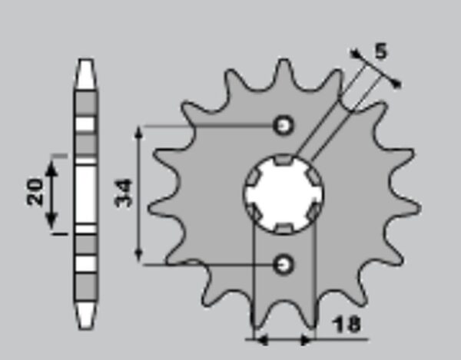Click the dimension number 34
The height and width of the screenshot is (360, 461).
click(x=124, y=193)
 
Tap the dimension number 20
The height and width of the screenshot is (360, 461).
click(x=35, y=191)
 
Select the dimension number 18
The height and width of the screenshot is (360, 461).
click(x=347, y=324)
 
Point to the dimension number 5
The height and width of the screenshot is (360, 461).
click(x=381, y=51)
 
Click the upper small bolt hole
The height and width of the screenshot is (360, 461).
click(x=284, y=126)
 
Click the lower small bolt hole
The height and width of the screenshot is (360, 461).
click(x=284, y=265)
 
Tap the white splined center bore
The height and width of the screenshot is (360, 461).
click(x=284, y=193)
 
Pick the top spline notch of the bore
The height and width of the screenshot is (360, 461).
click(x=284, y=160)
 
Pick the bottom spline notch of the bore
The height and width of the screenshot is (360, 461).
click(x=284, y=228)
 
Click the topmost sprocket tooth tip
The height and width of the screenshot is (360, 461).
click(x=284, y=60)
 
